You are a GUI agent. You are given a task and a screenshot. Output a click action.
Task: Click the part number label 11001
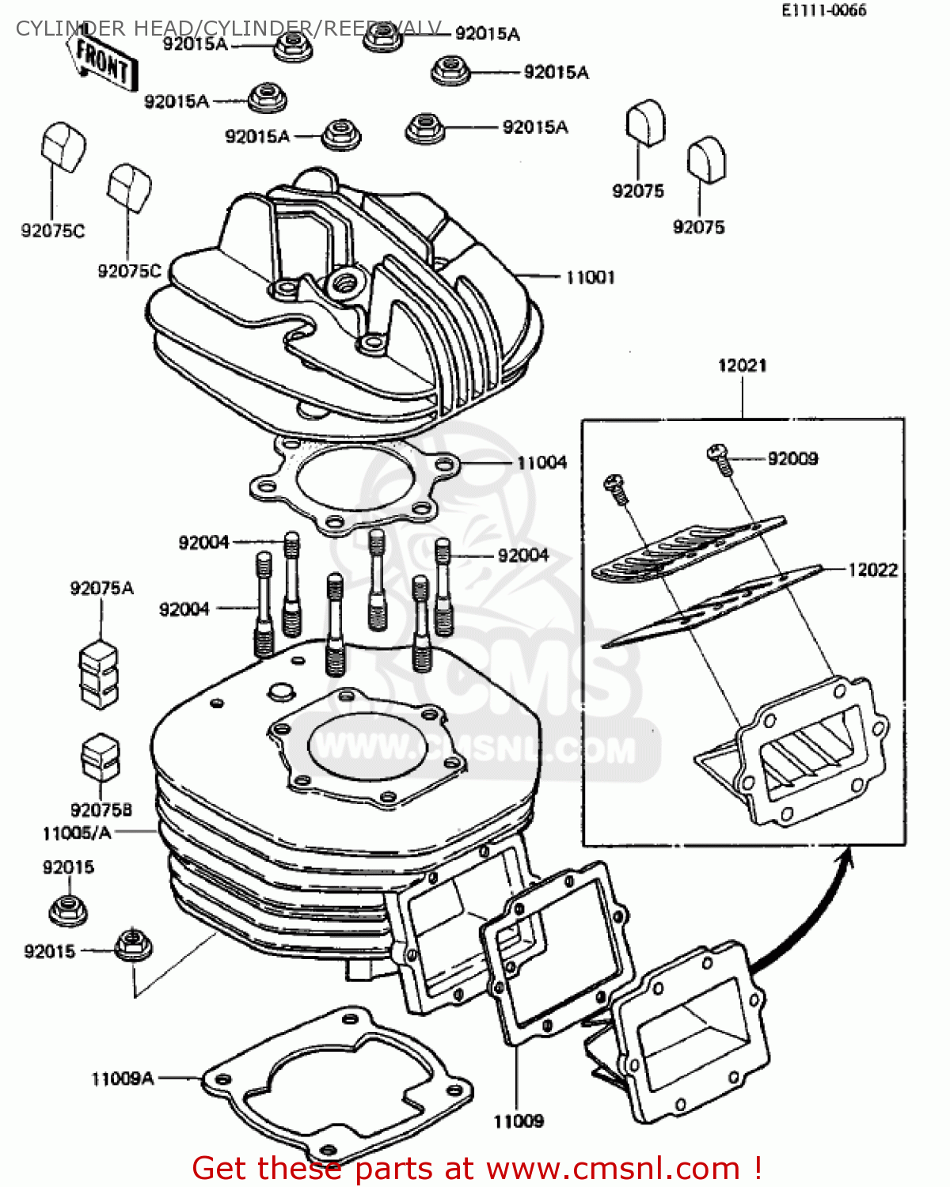(x=590, y=277)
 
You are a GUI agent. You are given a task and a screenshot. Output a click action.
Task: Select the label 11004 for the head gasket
(x=541, y=462)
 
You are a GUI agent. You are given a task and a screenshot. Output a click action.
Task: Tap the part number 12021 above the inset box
(x=742, y=366)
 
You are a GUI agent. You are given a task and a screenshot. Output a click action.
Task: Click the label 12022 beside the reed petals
(x=872, y=570)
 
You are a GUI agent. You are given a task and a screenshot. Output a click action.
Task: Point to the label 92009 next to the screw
(x=792, y=458)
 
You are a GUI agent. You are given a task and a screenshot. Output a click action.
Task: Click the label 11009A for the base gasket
(x=122, y=1079)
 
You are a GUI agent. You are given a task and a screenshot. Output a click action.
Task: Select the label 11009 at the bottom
(x=519, y=1121)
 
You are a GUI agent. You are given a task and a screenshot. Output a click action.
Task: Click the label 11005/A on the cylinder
(x=77, y=832)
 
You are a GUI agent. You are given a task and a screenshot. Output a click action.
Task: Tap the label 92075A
(x=101, y=588)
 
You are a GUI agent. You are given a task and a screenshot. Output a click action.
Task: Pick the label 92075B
(x=101, y=810)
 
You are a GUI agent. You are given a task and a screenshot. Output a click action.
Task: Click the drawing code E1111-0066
(x=823, y=10)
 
